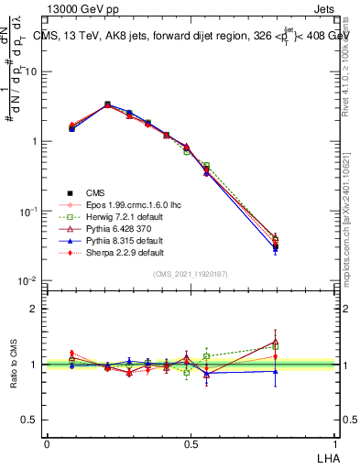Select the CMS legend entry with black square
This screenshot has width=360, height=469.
(x=95, y=192)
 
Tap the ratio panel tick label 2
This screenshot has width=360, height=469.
(x=36, y=309)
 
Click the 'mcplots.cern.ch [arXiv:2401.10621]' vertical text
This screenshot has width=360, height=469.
(x=353, y=220)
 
